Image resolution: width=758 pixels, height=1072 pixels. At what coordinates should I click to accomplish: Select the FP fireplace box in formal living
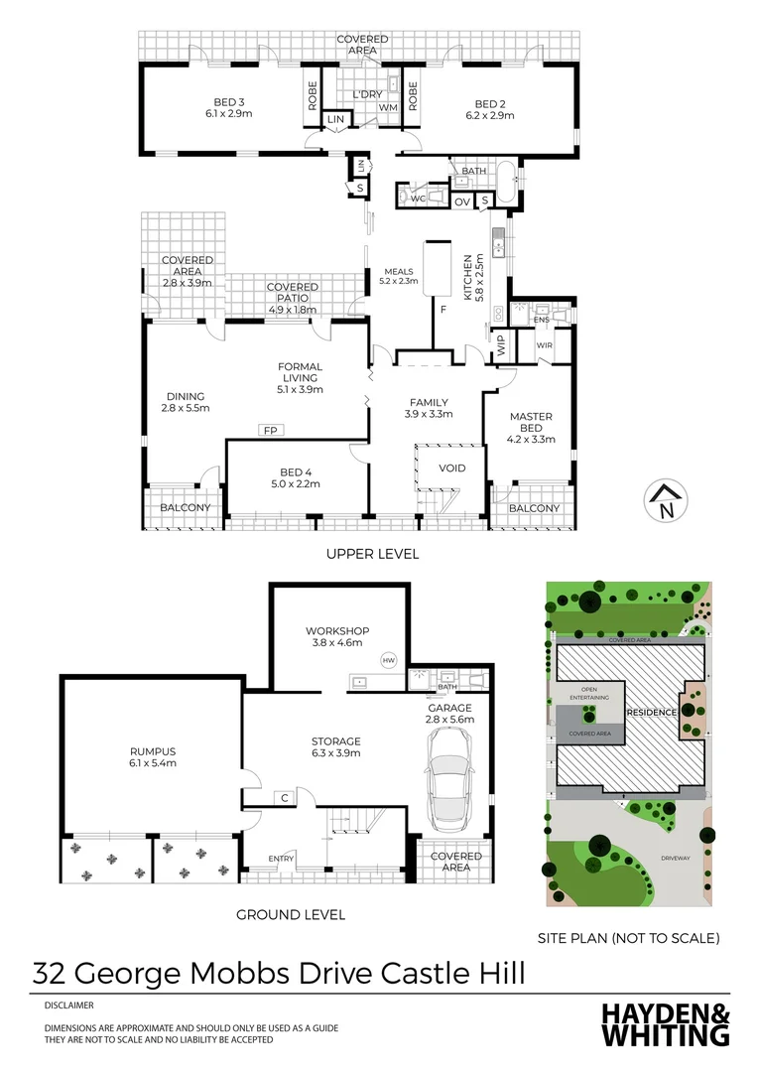[269, 430]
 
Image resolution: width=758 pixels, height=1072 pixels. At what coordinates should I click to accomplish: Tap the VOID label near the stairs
[439, 469]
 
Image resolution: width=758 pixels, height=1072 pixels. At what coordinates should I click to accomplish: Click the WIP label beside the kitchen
[501, 346]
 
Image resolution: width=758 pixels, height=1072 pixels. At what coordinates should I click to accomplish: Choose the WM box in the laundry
[388, 107]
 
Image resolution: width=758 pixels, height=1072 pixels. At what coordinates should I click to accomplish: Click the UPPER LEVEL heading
[372, 554]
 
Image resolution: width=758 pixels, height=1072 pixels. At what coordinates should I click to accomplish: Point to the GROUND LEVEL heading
[291, 914]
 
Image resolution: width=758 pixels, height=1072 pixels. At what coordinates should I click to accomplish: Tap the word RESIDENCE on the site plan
[651, 713]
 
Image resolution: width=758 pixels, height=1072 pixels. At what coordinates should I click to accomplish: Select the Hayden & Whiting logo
[666, 1024]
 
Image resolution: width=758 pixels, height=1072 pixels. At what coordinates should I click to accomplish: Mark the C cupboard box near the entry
[284, 797]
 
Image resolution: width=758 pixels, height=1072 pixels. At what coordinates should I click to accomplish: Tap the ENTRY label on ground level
[282, 859]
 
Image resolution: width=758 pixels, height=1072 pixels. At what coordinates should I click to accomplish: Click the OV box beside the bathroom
[461, 201]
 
